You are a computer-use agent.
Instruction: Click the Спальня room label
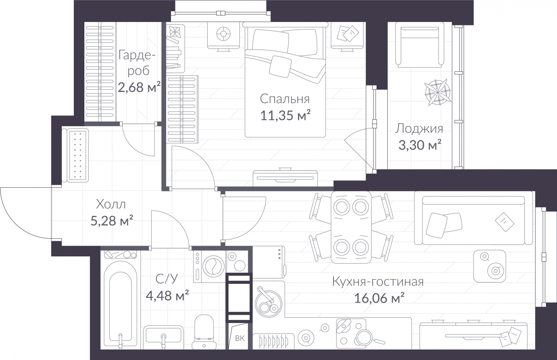click(x=285, y=99)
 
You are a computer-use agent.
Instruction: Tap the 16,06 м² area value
click(x=379, y=298)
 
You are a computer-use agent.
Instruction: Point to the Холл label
click(x=111, y=204)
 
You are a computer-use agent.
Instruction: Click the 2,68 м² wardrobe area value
click(x=139, y=87)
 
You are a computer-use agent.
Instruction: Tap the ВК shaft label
click(x=240, y=338)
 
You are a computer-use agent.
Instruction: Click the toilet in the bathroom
click(x=204, y=332)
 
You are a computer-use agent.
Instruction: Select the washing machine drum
click(x=214, y=266)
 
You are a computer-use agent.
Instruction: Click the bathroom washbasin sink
click(x=163, y=337)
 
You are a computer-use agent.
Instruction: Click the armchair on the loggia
click(x=419, y=45)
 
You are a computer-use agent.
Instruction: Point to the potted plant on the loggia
click(x=438, y=92)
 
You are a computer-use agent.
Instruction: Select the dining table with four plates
click(x=351, y=227)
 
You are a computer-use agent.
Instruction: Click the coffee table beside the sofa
click(x=489, y=266)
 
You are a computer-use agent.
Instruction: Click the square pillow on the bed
click(x=280, y=66)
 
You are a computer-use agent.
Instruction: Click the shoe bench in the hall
click(x=75, y=155)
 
